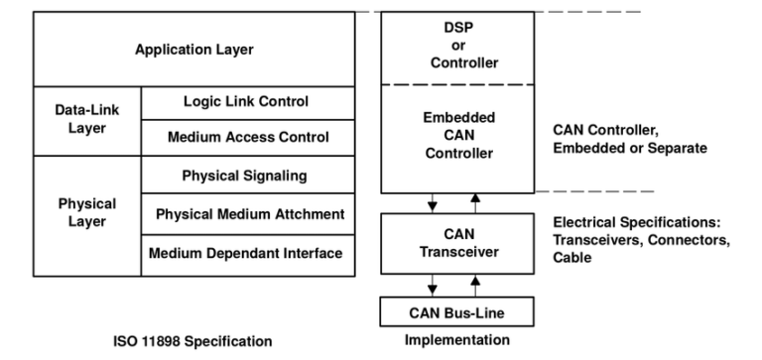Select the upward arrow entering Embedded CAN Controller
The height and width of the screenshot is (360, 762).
475,202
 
